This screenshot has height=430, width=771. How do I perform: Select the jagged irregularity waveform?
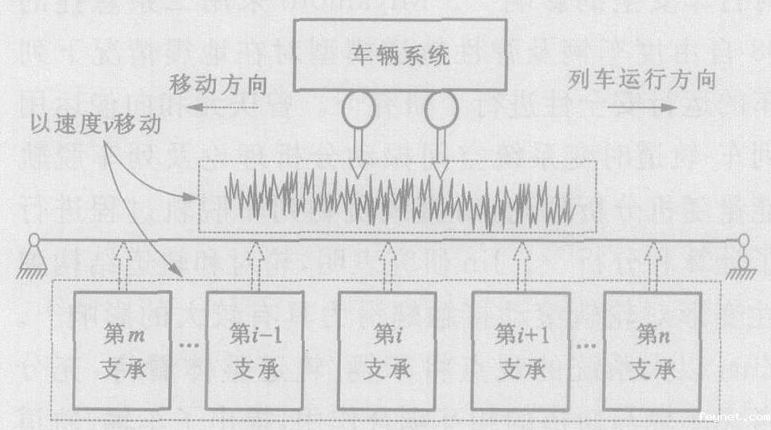[399, 198]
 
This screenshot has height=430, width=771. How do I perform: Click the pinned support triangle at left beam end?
[34, 256]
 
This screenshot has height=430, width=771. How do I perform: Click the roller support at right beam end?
[742, 258]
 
